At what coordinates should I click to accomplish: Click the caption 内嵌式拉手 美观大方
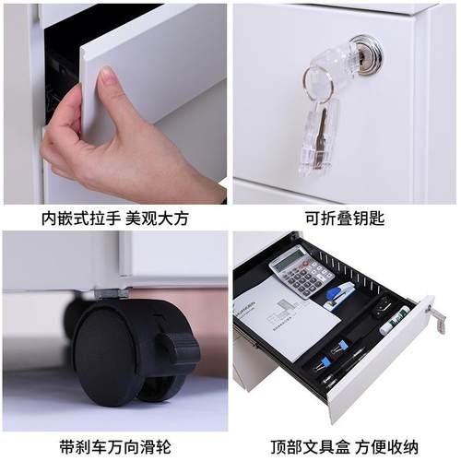[x=114, y=219]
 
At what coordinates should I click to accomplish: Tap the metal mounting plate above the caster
[x=110, y=293]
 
